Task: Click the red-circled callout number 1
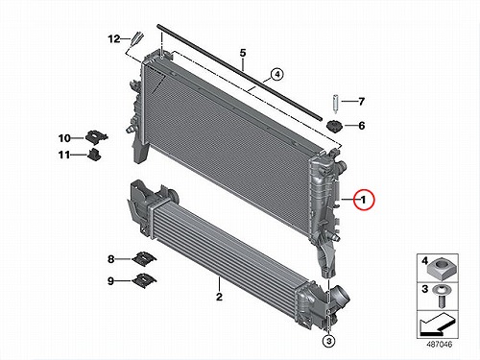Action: pyautogui.click(x=364, y=200)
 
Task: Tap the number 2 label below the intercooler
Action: pyautogui.click(x=219, y=297)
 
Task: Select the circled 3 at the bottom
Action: pyautogui.click(x=329, y=341)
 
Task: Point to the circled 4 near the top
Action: pyautogui.click(x=277, y=75)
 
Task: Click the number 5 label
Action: pyautogui.click(x=243, y=53)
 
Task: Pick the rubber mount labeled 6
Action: pyautogui.click(x=334, y=126)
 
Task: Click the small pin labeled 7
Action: pyautogui.click(x=335, y=105)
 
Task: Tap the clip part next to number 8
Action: pyautogui.click(x=144, y=258)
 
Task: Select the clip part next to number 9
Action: pyautogui.click(x=144, y=280)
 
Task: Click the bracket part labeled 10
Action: pyautogui.click(x=96, y=136)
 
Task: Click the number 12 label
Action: pyautogui.click(x=113, y=39)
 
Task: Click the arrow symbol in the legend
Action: pyautogui.click(x=437, y=324)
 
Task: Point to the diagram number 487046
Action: pyautogui.click(x=439, y=345)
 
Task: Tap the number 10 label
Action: pyautogui.click(x=64, y=138)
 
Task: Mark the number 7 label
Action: pyautogui.click(x=361, y=102)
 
